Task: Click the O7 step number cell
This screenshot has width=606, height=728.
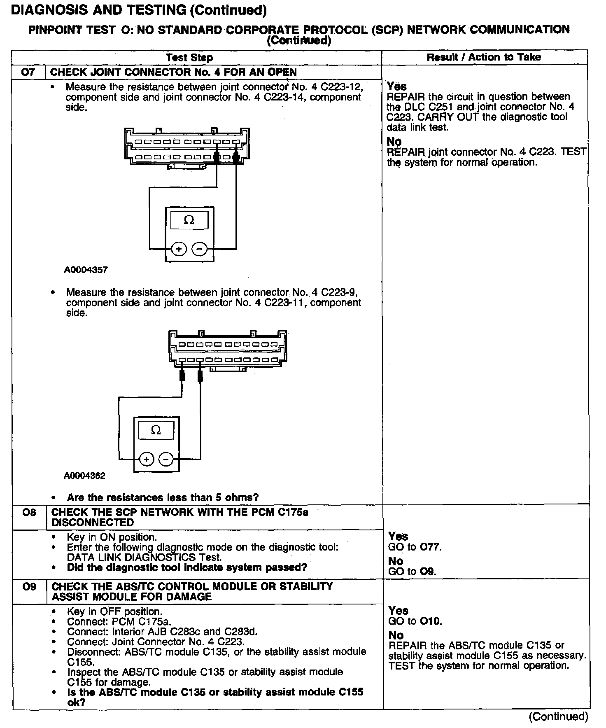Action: (28, 72)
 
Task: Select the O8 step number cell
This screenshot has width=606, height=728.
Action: (29, 513)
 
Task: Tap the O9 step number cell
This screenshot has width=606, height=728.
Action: (29, 586)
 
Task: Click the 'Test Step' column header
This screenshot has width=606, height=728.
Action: (189, 58)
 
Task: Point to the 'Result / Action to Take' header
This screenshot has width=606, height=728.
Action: (484, 57)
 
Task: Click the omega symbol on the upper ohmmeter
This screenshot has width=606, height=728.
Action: (189, 220)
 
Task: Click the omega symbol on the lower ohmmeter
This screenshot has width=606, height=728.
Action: (156, 430)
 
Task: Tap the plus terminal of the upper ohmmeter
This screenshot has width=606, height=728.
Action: (179, 249)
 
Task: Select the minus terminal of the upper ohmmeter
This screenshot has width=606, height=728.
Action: (200, 249)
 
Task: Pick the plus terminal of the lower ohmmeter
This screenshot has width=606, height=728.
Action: (146, 459)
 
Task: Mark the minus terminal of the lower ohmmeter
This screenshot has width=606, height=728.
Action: (166, 459)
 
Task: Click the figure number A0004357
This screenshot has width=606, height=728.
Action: (86, 270)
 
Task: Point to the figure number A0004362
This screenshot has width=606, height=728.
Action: (85, 476)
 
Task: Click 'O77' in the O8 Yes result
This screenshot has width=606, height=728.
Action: (431, 547)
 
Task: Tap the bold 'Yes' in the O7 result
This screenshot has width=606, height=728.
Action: (397, 86)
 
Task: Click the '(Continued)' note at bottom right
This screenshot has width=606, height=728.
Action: (559, 716)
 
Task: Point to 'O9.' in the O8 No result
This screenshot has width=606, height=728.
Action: (428, 572)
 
